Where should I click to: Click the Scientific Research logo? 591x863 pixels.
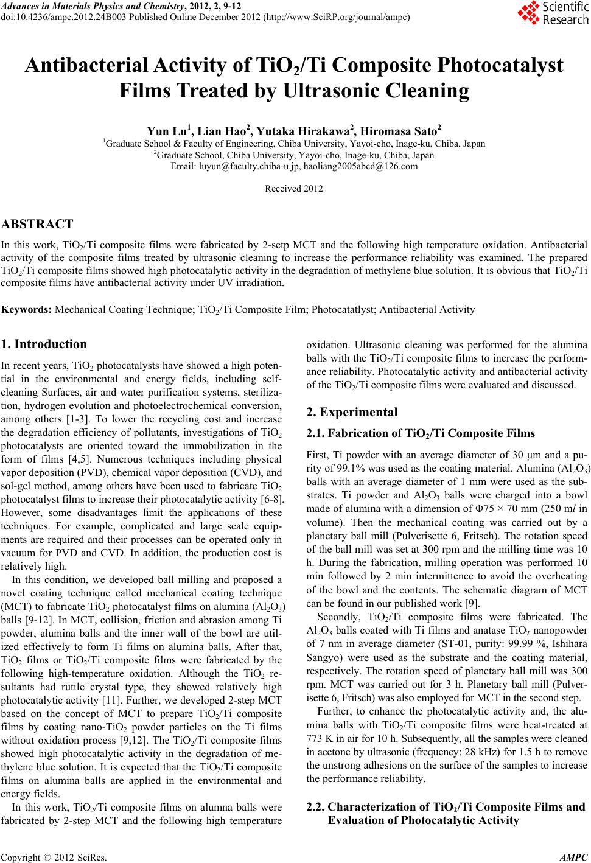[x=553, y=13]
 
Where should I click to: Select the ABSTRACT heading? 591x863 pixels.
[x=37, y=225]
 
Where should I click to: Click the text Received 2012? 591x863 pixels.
[x=294, y=189]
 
